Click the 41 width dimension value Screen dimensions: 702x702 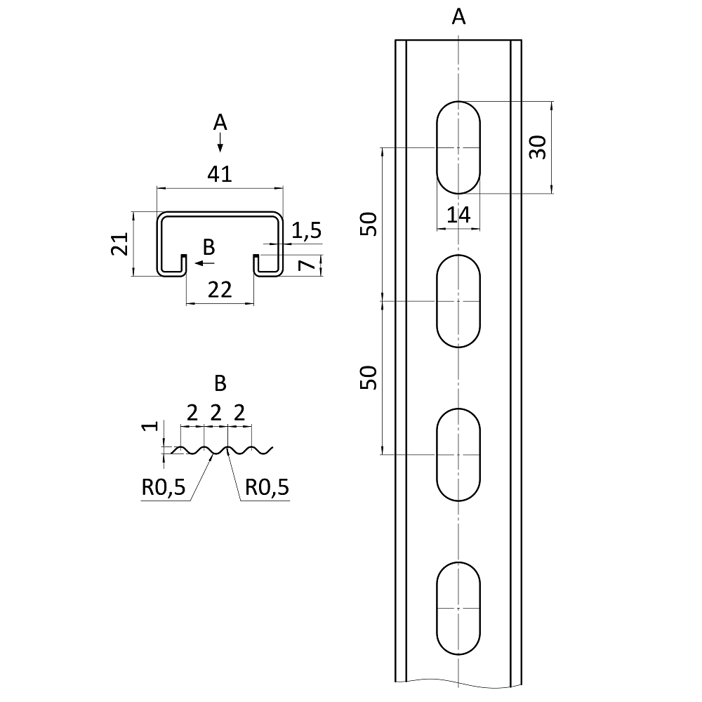pyautogui.click(x=220, y=174)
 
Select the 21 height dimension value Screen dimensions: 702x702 pyautogui.click(x=120, y=244)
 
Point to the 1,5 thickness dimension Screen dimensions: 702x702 pyautogui.click(x=306, y=230)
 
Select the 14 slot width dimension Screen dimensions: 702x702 pyautogui.click(x=458, y=216)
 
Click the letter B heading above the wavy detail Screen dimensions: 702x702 pyautogui.click(x=220, y=383)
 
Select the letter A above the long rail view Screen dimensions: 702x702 pyautogui.click(x=458, y=18)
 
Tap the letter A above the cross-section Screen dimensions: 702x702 pyautogui.click(x=220, y=123)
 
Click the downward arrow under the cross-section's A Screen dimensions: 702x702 pyautogui.click(x=220, y=145)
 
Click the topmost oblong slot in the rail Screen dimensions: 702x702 pyautogui.click(x=459, y=147)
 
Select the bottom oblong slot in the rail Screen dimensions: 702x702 pyautogui.click(x=459, y=608)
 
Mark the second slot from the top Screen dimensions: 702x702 pyautogui.click(x=459, y=301)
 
